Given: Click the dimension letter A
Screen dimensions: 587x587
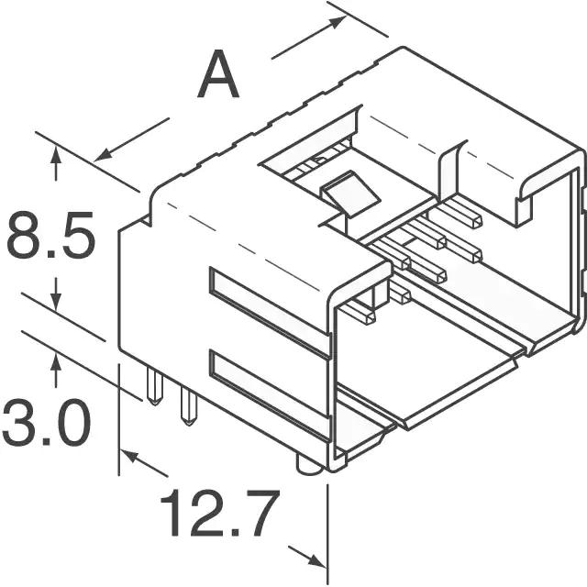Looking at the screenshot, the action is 218,73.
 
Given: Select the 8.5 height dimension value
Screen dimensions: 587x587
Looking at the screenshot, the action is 50,235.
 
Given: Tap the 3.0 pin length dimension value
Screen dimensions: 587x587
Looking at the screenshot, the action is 47,422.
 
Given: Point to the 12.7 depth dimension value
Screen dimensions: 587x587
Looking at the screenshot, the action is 220,513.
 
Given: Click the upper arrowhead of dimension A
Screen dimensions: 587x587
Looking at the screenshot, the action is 336,21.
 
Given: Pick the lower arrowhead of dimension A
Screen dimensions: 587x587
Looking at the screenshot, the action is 102,155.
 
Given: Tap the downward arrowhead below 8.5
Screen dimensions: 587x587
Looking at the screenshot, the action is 56,302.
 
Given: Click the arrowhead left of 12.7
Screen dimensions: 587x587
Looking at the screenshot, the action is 129,456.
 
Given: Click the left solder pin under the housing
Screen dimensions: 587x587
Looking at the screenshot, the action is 155,386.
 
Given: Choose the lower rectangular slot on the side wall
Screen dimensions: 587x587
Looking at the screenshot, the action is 270,393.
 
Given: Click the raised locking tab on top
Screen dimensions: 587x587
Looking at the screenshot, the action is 349,193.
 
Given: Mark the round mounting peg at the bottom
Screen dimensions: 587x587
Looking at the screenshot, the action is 310,465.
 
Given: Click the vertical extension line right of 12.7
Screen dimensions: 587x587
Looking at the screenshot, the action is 328,534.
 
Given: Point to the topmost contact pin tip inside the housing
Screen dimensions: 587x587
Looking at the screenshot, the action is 475,221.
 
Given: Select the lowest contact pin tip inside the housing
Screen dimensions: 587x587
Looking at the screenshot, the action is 369,317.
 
